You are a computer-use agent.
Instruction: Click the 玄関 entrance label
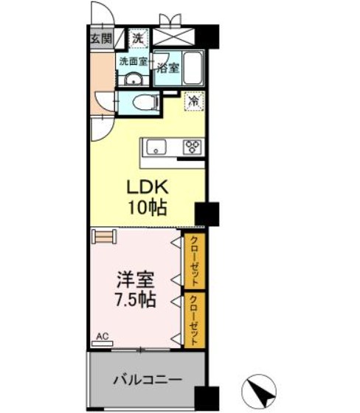coord(100,38)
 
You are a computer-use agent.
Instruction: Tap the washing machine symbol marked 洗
coord(138,38)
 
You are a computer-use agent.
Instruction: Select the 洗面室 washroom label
coord(134,62)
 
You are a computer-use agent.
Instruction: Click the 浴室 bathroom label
coord(167,68)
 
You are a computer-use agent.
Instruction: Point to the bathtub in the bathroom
coord(193,69)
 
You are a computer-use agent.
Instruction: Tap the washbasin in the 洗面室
coord(133,79)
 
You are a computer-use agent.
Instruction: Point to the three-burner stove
coord(193,147)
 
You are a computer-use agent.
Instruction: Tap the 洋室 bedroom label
coord(134,282)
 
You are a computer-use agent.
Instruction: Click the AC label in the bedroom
coord(102,336)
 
